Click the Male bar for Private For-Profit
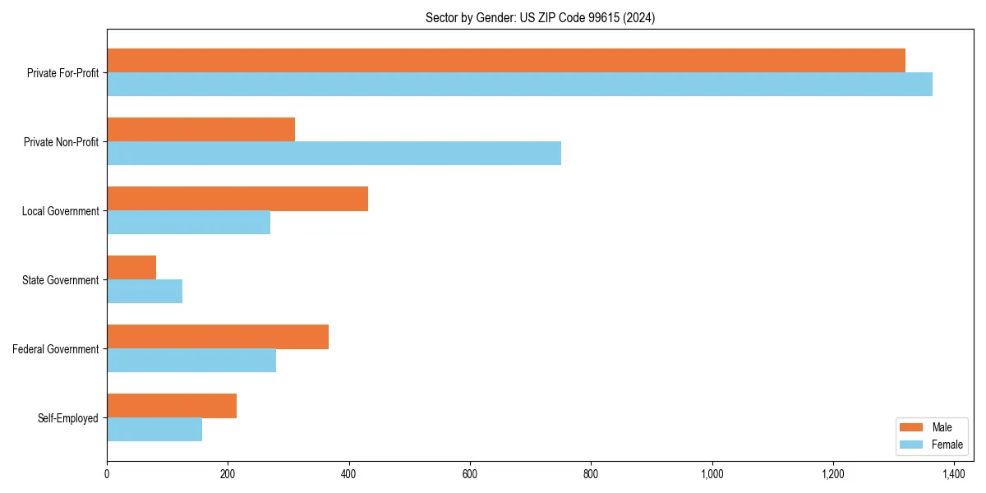coord(505,61)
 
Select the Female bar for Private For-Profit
coord(519,85)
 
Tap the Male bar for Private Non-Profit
coord(200,130)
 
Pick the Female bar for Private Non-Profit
coord(334,154)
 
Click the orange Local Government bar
coord(237,199)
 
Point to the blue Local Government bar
coord(188,223)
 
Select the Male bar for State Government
coord(131,268)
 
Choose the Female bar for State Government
coord(145,292)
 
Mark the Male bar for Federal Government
coord(218,337)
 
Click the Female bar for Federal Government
coord(191,361)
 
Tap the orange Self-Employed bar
coord(172,406)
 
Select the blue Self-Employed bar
coord(154,430)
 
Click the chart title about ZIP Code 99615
coord(540,17)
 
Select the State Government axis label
coord(60,280)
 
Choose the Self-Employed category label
coord(67,418)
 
